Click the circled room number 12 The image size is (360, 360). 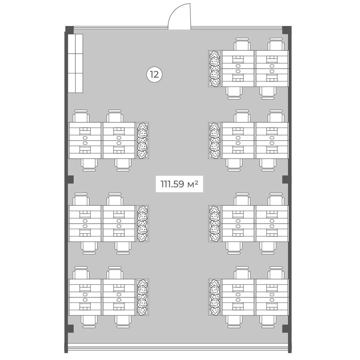154,75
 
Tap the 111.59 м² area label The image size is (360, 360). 179,184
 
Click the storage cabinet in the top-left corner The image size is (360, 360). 75,63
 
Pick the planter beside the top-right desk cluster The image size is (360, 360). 215,69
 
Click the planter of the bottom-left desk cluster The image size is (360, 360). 142,297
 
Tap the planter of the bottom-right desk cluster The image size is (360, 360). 215,297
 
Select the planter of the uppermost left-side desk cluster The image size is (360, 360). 142,141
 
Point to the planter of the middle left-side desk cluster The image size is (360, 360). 142,223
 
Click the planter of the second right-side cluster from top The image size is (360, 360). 215,141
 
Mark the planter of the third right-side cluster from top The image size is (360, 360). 215,223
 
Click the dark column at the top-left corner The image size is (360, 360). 70,30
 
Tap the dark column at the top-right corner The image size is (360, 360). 287,30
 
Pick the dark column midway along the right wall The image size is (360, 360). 286,180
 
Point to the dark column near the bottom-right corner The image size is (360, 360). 286,329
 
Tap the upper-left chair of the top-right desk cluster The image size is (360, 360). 242,44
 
